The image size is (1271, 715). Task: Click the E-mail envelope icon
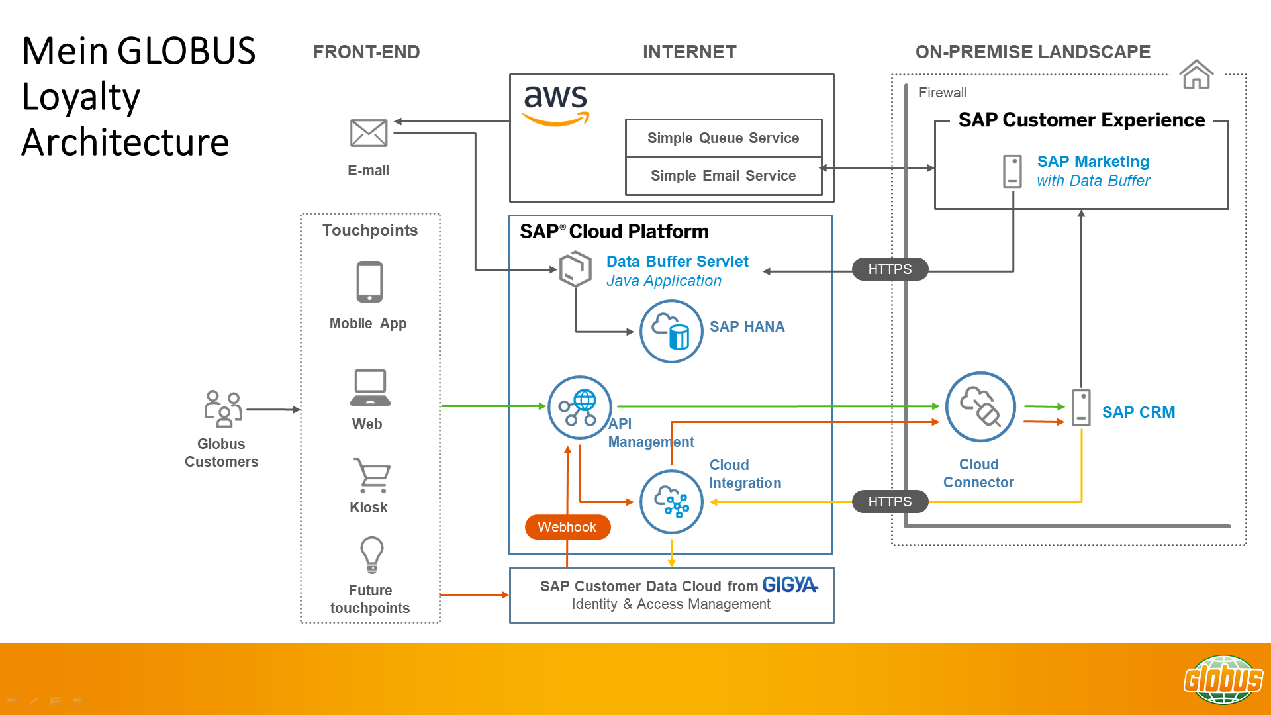point(369,133)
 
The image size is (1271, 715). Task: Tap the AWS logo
point(555,105)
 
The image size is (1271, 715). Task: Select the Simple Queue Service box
point(723,138)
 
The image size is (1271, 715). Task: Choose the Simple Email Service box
point(723,175)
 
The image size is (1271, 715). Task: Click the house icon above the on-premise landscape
point(1196,74)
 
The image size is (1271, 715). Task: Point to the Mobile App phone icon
point(369,281)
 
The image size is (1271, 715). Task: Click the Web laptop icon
point(370,387)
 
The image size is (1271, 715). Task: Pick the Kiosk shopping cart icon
point(372,475)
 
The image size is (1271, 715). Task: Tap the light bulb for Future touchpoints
point(371,554)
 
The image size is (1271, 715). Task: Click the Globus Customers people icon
point(223,408)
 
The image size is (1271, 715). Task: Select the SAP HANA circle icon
point(671,331)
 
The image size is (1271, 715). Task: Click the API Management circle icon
point(579,407)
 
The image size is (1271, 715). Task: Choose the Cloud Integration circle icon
point(671,502)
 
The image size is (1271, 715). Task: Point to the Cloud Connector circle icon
point(980,406)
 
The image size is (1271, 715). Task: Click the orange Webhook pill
point(567,527)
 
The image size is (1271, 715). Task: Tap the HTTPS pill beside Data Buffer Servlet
point(890,269)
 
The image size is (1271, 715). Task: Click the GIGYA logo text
point(790,585)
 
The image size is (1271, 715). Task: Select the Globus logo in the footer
point(1223,679)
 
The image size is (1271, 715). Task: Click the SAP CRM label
point(1138,412)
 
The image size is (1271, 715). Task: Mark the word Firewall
point(942,93)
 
